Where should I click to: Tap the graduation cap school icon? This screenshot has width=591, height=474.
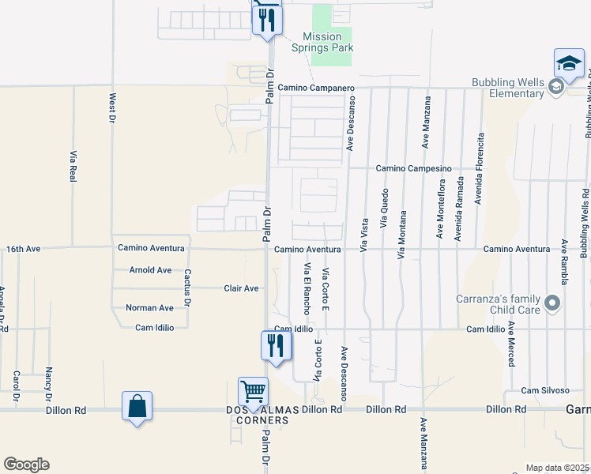coord(569,64)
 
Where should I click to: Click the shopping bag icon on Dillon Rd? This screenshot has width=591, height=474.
coord(137,406)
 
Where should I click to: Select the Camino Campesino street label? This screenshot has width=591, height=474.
coord(412,168)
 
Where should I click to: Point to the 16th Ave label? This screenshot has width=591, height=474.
coord(23,248)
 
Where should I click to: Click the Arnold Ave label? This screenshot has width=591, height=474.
coord(150,270)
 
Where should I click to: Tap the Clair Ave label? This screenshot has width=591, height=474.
coord(241,288)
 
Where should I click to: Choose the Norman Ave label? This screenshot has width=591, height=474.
coord(149,307)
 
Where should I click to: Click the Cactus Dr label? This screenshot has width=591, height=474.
coord(188,288)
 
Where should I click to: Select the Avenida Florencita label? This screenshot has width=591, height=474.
coord(479,168)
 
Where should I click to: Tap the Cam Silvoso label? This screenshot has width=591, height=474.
coord(545,390)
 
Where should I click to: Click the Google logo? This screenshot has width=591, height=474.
coord(26,465)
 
